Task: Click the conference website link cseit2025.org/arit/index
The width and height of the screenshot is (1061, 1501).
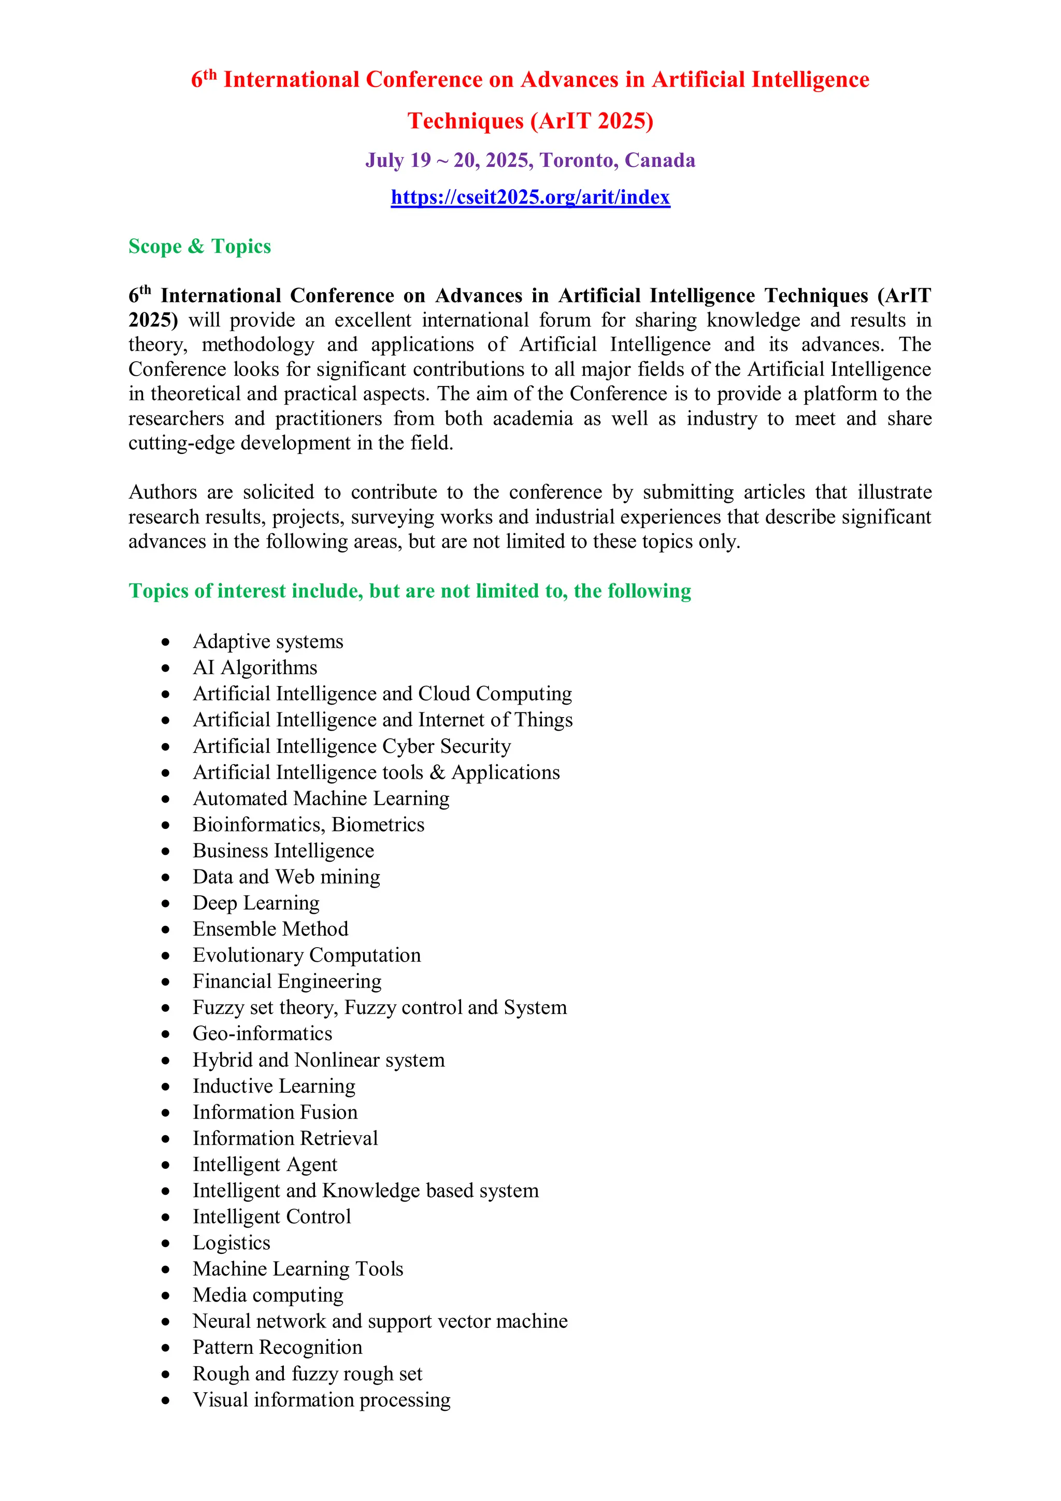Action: (530, 197)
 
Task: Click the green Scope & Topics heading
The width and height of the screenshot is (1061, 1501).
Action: (199, 247)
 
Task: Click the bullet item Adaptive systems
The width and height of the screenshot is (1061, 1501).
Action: (267, 641)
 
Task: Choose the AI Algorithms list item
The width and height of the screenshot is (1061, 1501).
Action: (255, 667)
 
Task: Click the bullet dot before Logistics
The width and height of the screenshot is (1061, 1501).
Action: (166, 1243)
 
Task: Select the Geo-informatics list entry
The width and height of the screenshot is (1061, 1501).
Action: (262, 1034)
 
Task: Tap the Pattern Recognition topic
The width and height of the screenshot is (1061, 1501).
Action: (277, 1347)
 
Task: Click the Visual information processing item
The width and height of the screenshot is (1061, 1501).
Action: (321, 1399)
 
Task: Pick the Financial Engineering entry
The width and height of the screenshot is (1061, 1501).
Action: (287, 981)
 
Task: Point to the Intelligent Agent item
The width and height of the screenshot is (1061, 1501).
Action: (265, 1164)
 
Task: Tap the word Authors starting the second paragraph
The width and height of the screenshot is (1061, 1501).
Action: (162, 492)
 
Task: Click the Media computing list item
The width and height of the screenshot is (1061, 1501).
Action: (267, 1295)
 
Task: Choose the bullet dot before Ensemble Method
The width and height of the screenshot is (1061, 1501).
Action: (166, 930)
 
